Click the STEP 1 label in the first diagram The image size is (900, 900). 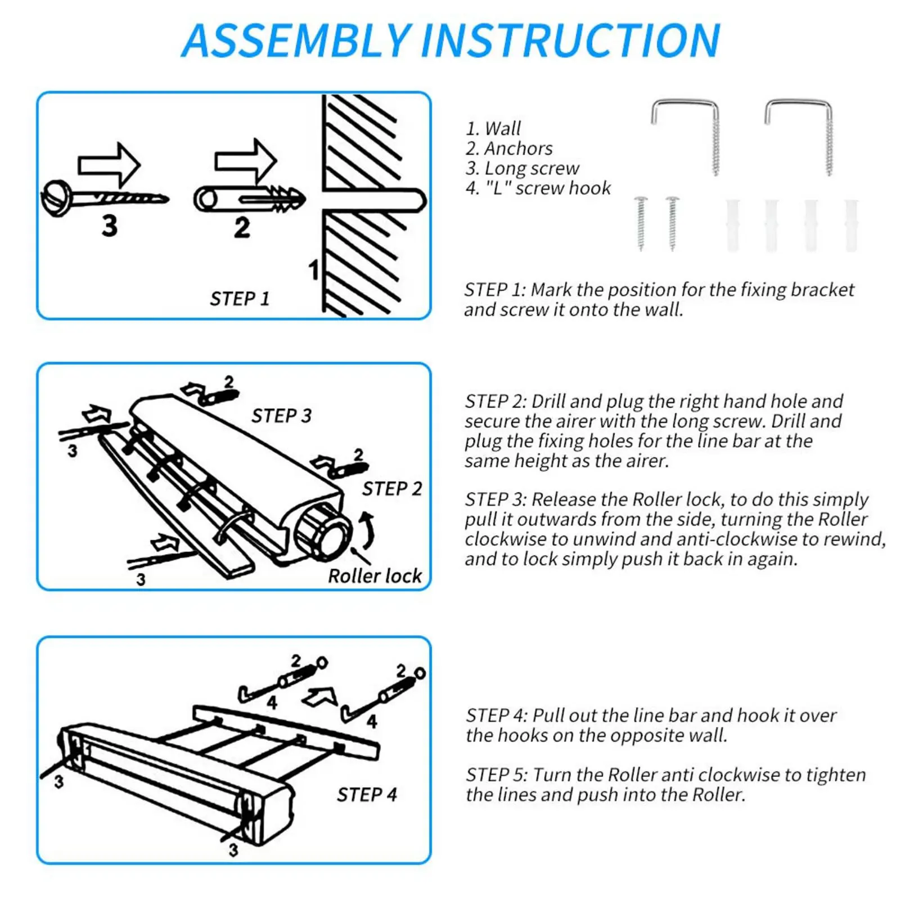click(x=240, y=299)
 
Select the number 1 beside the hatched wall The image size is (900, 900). click(x=314, y=270)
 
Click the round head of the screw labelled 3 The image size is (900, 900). click(x=56, y=198)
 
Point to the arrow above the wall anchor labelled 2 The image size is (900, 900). click(x=245, y=161)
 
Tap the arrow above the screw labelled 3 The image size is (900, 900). click(x=109, y=164)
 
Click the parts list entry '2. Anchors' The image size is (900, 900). click(x=509, y=148)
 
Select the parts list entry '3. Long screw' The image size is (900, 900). click(x=522, y=168)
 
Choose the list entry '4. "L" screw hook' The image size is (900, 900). click(x=538, y=188)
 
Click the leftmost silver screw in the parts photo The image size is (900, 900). click(x=641, y=223)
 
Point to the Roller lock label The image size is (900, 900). click(x=375, y=576)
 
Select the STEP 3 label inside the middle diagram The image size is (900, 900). click(x=281, y=416)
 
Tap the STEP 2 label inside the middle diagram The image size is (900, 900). click(x=391, y=489)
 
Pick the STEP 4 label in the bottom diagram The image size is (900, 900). click(x=367, y=795)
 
